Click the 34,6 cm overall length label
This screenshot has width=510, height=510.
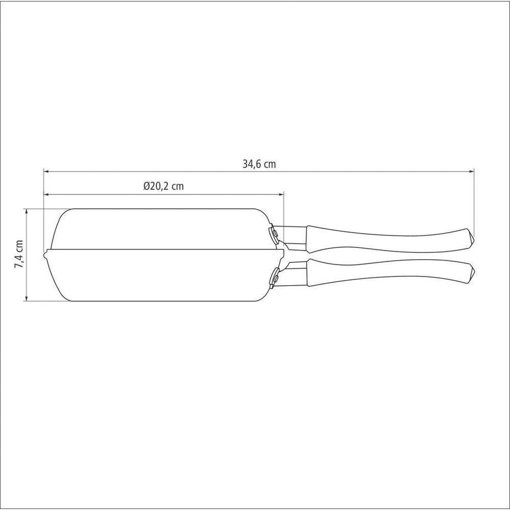259,164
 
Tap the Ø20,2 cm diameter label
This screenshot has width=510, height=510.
164,187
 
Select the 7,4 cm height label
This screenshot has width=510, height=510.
19,254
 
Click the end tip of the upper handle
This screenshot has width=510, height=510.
472,238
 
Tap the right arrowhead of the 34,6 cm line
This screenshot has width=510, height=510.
472,172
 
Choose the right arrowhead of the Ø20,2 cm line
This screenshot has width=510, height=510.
282,194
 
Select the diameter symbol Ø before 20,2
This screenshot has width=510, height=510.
146,187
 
